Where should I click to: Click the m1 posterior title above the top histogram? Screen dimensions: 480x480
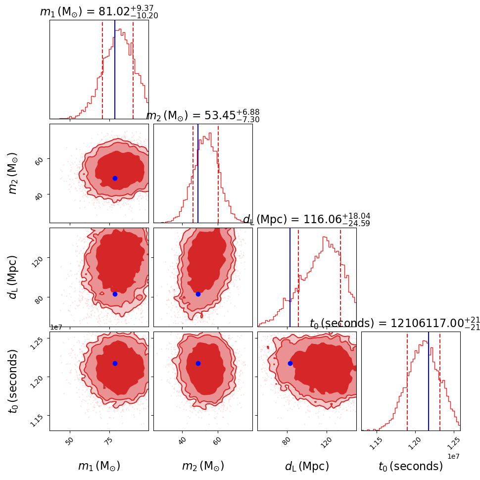tap(99, 12)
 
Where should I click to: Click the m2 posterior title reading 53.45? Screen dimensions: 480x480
tap(203, 116)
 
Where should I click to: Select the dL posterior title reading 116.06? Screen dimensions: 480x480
tap(307, 220)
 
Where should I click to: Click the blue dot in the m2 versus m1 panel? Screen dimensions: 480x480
tap(115, 178)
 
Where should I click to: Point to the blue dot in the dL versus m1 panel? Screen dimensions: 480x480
tap(115, 294)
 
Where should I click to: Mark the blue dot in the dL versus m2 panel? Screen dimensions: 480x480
tap(198, 294)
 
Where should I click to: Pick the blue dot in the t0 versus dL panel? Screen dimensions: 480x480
tap(290, 363)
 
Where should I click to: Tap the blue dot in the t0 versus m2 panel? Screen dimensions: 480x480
tap(198, 363)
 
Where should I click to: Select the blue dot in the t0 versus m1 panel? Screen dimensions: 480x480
tap(115, 363)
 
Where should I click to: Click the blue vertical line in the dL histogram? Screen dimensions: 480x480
tap(290, 277)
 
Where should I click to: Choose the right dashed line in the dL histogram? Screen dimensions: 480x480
tap(340, 277)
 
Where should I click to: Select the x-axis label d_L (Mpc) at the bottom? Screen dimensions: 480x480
tap(307, 466)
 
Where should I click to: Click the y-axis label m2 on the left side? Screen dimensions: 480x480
tap(14, 173)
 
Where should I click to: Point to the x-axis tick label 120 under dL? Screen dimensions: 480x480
tap(327, 441)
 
